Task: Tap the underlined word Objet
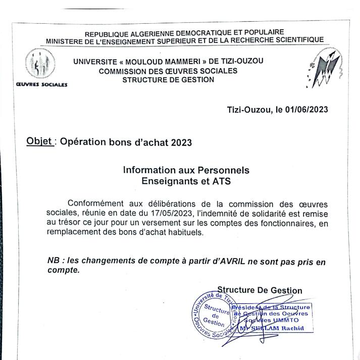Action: [x=40, y=141]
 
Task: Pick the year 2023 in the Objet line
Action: [x=181, y=142]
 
